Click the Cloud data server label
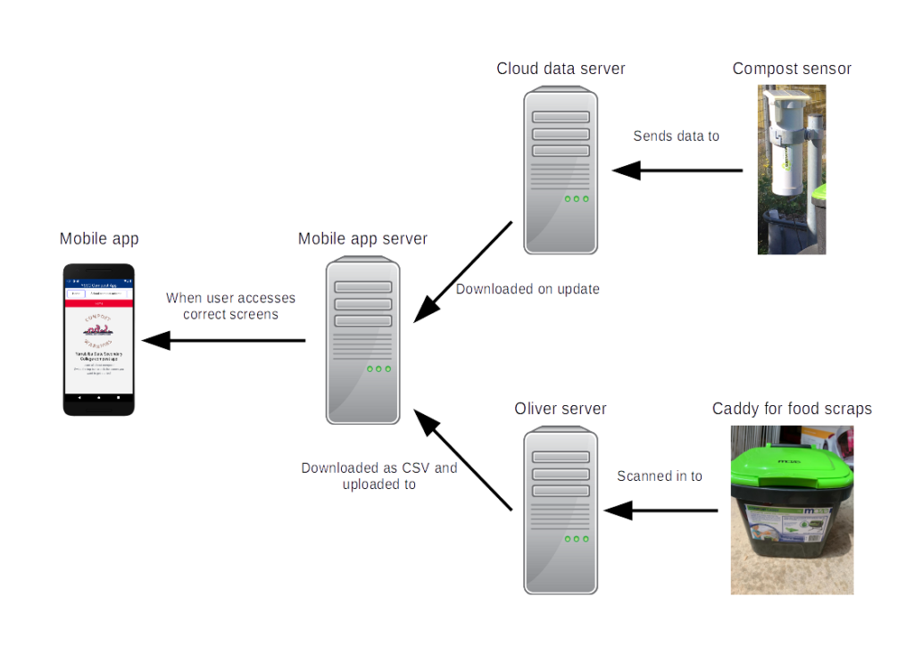561,69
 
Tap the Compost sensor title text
792,69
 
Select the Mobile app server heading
362,239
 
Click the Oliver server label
561,409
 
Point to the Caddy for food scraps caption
792,409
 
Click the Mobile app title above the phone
99,239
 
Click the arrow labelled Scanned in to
661,510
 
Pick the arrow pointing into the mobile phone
223,340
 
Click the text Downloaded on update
528,289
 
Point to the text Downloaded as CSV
379,468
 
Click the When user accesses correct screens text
230,306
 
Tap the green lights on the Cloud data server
577,199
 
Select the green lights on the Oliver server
577,539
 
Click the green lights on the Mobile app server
378,369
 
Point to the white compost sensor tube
784,170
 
